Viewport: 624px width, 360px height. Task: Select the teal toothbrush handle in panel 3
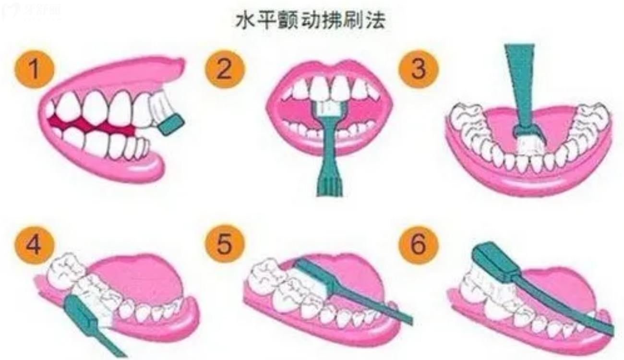click(520, 82)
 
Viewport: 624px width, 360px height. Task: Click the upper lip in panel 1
click(120, 72)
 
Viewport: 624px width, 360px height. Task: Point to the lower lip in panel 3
click(528, 185)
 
